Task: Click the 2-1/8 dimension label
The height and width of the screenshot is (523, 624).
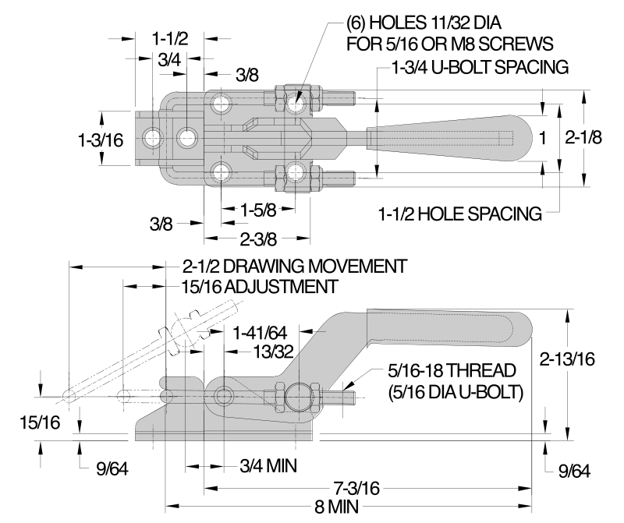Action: tap(583, 138)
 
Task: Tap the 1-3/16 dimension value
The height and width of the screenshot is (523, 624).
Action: tap(101, 140)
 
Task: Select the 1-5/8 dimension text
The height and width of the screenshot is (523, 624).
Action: tap(258, 210)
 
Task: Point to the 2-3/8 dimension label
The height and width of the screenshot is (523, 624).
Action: tap(258, 239)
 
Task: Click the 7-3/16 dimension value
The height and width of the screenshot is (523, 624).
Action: tap(356, 488)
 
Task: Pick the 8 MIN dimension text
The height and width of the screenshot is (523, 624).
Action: tap(337, 507)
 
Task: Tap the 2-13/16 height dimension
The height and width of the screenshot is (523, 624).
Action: tap(567, 359)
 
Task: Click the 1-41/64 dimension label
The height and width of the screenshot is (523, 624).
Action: tap(260, 333)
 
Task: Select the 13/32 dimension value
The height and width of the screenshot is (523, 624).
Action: tap(274, 352)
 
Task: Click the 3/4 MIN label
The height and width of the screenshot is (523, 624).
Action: tap(268, 466)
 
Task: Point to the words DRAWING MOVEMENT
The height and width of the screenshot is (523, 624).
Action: tap(315, 267)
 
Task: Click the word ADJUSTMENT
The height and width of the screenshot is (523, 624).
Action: tap(281, 287)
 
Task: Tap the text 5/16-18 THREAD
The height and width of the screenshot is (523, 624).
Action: tap(452, 371)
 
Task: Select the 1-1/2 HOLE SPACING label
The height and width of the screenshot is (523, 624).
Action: tap(460, 214)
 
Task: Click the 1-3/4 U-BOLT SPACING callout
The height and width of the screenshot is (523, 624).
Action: tap(480, 67)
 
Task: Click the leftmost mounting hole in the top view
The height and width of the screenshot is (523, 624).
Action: tap(152, 139)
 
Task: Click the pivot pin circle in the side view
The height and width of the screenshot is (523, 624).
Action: tap(224, 396)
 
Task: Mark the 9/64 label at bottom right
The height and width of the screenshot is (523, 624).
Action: tap(574, 471)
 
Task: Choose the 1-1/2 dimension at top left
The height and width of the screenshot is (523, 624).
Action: tap(170, 38)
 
